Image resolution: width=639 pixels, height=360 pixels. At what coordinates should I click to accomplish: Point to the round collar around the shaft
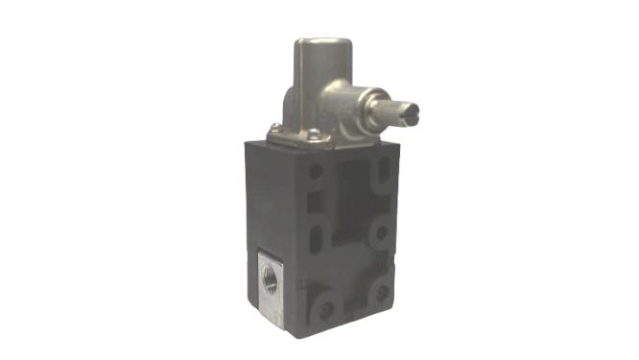[366, 114]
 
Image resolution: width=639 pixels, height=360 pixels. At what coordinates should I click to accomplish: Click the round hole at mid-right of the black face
[382, 233]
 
